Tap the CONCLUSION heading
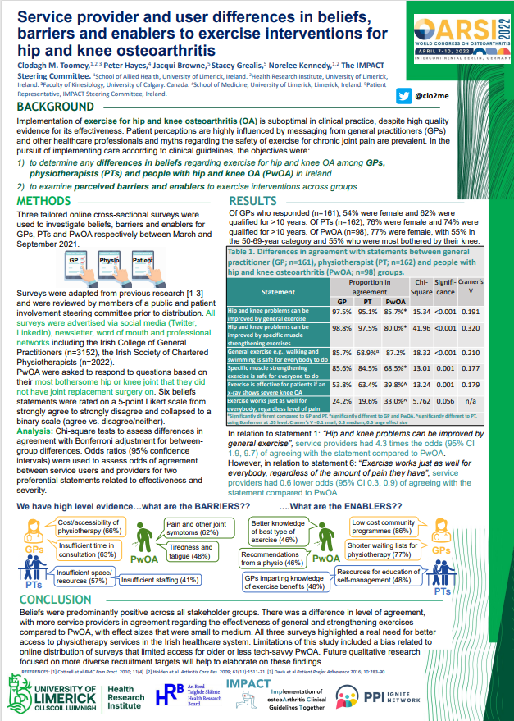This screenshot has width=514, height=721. coord(57,600)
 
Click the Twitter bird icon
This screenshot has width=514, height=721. coord(403,96)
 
